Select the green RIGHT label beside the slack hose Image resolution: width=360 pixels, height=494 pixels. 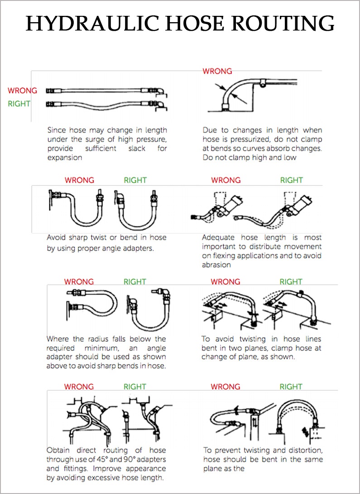point(19,104)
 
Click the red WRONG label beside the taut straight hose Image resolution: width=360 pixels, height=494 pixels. point(22,91)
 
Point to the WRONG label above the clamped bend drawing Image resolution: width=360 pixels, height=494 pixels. point(217,71)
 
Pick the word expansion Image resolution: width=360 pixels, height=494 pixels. point(65,158)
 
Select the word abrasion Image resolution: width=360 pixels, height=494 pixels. point(216,265)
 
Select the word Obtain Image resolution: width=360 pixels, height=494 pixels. point(59,451)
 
